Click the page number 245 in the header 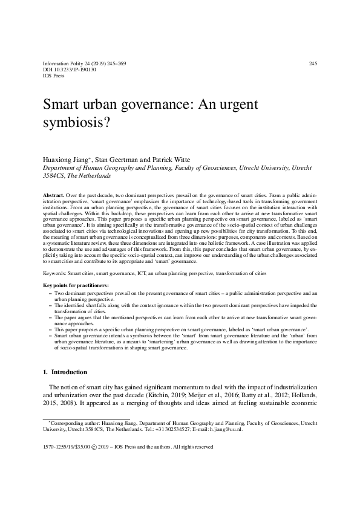tap(313, 63)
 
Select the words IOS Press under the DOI tap(54, 77)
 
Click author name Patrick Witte tap(171, 159)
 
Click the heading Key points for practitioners tap(76, 285)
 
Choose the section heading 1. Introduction tap(68, 372)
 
